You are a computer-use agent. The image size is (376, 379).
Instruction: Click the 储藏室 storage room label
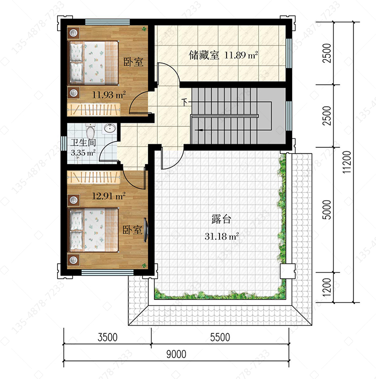pyautogui.click(x=204, y=55)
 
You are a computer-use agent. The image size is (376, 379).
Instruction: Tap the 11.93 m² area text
pyautogui.click(x=109, y=95)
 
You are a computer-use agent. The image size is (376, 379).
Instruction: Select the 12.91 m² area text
pyautogui.click(x=109, y=196)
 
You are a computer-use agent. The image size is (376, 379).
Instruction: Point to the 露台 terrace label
pyautogui.click(x=222, y=219)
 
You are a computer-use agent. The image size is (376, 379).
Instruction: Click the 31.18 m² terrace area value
pyautogui.click(x=222, y=236)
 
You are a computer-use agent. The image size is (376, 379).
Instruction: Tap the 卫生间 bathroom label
pyautogui.click(x=83, y=142)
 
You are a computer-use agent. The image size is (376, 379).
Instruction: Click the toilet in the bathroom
pyautogui.click(x=90, y=131)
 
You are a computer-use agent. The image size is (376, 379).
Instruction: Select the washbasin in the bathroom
pyautogui.click(x=110, y=128)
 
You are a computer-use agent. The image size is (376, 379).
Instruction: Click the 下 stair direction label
pyautogui.click(x=184, y=102)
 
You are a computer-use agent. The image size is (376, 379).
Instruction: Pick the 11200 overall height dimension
pyautogui.click(x=347, y=162)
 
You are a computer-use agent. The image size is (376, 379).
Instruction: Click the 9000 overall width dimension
pyautogui.click(x=176, y=354)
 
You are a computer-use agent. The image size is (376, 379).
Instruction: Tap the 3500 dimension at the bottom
pyautogui.click(x=107, y=337)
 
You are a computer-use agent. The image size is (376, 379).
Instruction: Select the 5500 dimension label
pyautogui.click(x=220, y=337)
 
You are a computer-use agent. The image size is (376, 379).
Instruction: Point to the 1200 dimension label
pyautogui.click(x=327, y=287)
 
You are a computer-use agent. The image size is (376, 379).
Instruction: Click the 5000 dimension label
pyautogui.click(x=327, y=210)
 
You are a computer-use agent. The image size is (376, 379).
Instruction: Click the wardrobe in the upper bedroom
pyautogui.click(x=94, y=109)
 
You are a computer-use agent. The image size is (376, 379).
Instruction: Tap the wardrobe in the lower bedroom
pyautogui.click(x=94, y=177)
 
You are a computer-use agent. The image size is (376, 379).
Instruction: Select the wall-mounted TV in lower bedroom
pyautogui.click(x=145, y=230)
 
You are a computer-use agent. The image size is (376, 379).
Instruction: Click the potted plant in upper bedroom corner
pyautogui.click(x=144, y=29)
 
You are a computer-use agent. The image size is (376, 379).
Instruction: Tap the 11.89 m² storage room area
pyautogui.click(x=241, y=55)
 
